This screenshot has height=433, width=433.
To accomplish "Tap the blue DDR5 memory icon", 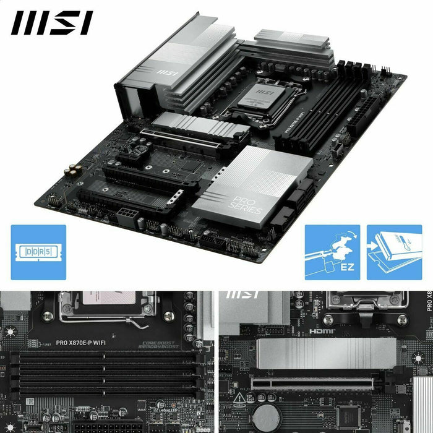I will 38,252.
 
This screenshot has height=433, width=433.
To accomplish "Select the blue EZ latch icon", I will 332,252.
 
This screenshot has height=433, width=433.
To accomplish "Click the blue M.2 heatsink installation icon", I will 395,252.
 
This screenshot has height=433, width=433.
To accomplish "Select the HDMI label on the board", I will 322,332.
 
